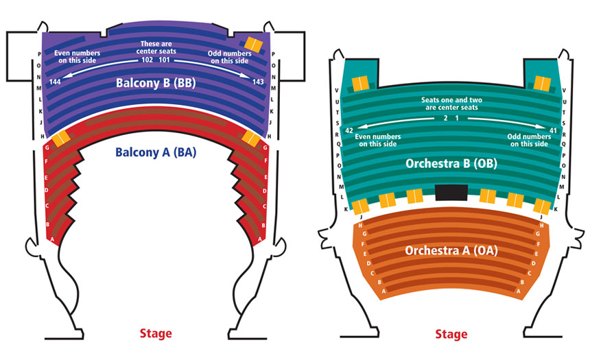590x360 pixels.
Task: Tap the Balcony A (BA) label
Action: click(155, 152)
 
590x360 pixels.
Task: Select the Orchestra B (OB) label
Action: click(451, 164)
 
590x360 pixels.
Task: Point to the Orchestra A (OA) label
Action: click(451, 250)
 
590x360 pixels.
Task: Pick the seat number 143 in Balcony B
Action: click(257, 82)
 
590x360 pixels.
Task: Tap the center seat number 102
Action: click(147, 60)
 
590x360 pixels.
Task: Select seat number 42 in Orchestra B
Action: click(349, 130)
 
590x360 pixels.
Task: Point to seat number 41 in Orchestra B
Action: click(553, 130)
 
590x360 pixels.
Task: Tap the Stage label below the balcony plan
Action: click(155, 334)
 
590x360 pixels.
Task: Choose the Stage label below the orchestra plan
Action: click(451, 335)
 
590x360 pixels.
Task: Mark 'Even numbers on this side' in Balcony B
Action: click(78, 56)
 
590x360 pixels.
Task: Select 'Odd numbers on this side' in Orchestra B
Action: click(527, 140)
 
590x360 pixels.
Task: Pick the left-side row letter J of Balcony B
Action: click(41, 123)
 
